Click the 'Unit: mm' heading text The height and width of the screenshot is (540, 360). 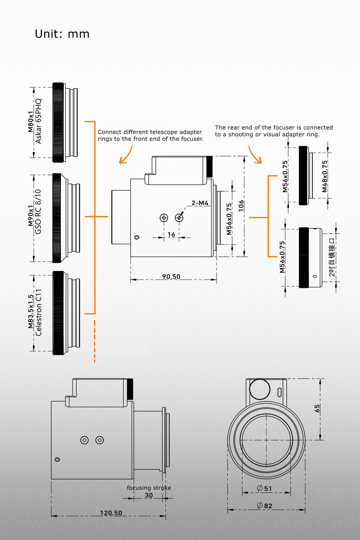(62, 34)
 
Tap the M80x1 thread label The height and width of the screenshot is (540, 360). (30, 121)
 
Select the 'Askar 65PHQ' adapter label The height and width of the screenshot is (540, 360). (38, 121)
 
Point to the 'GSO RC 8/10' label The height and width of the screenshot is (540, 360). (38, 212)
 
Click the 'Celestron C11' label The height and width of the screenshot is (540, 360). (38, 312)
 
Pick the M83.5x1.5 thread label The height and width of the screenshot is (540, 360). (30, 312)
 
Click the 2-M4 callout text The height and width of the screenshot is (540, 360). (200, 203)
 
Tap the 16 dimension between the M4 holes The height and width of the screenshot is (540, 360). (171, 234)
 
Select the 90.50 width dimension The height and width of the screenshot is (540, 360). (171, 276)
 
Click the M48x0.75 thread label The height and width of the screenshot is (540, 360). (325, 176)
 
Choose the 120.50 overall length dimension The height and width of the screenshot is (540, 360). (111, 513)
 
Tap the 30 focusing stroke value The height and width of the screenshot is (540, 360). (149, 495)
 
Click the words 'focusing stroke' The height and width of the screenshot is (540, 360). (149, 488)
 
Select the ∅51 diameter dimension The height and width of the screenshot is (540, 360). (264, 488)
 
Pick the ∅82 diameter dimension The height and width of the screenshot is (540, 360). (264, 505)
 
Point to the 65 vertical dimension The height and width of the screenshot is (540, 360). (317, 408)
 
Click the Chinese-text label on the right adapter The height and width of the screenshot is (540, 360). (331, 258)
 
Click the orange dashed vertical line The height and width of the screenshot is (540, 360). (94, 341)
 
